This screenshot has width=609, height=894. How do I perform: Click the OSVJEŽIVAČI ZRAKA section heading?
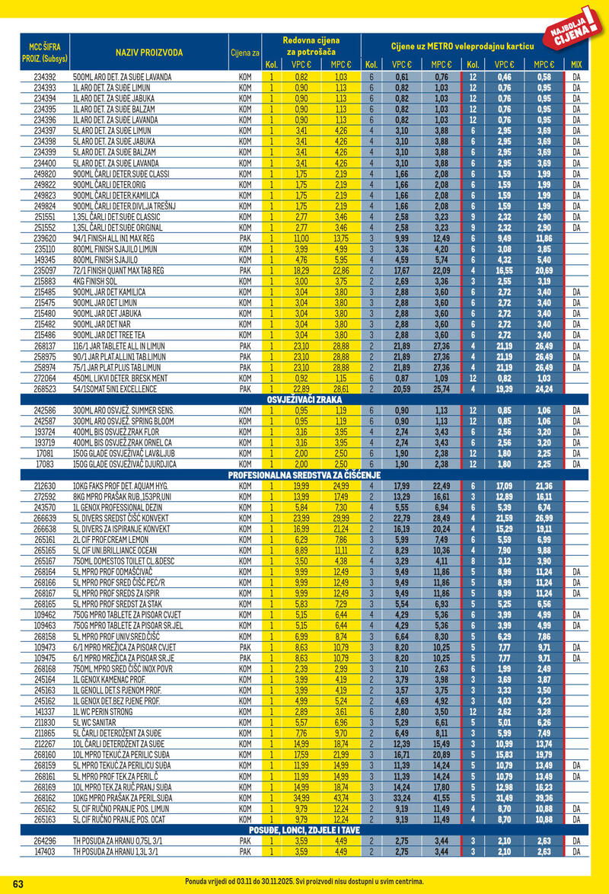pos(304,399)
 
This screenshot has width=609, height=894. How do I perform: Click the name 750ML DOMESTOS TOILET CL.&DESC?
pos(123,561)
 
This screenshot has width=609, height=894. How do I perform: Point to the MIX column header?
pos(576,65)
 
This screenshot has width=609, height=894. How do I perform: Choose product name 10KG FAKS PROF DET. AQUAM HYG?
pos(122,486)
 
